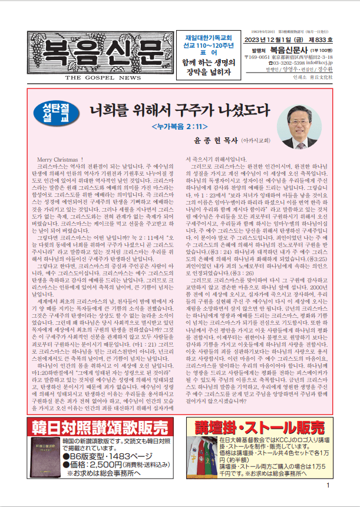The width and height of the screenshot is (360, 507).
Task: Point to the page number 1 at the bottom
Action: [x=328, y=501]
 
